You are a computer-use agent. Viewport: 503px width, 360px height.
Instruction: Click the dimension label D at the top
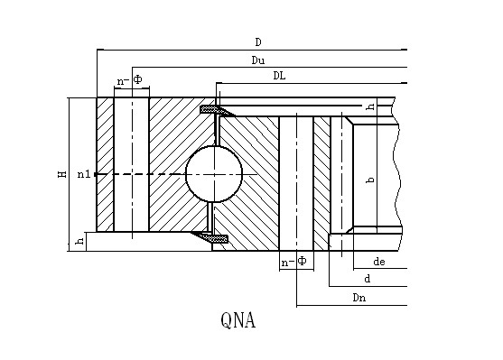258,42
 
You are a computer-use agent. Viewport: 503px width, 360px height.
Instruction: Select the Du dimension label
258,60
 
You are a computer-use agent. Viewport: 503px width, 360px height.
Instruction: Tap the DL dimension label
279,76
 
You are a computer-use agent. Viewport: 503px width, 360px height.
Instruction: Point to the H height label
62,174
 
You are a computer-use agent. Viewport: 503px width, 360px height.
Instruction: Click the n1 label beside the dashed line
84,174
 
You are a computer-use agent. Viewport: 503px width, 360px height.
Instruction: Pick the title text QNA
238,320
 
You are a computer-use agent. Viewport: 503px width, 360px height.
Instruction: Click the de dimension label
379,262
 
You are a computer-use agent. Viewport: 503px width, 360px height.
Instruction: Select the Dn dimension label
359,298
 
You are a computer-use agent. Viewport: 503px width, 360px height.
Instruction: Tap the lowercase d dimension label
368,279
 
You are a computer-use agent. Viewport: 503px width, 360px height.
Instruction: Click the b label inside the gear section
370,180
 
